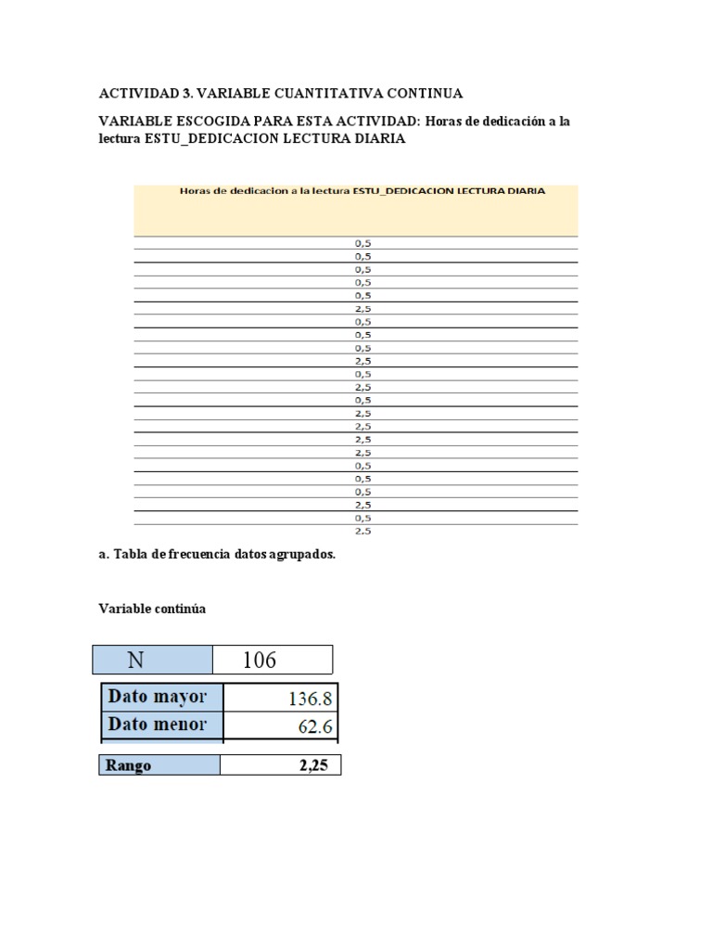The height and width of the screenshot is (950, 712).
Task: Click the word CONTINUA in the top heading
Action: (431, 94)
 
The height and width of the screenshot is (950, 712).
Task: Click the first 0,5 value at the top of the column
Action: (363, 243)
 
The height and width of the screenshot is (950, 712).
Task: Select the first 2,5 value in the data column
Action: (363, 308)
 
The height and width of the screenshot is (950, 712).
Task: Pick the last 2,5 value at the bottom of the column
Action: (363, 532)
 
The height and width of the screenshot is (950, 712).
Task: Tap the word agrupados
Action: (302, 554)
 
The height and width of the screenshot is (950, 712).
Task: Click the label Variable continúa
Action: (152, 609)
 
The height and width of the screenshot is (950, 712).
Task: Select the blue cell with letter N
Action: (135, 660)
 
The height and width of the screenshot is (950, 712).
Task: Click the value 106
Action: (260, 660)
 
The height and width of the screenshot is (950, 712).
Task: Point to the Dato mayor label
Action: (158, 696)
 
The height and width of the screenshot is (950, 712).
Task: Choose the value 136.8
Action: (308, 697)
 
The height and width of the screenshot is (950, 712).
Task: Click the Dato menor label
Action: (158, 725)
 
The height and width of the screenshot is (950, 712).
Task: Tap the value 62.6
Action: (315, 726)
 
